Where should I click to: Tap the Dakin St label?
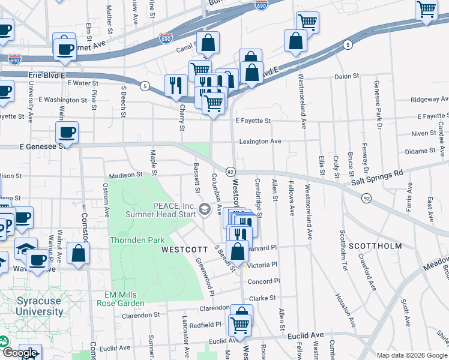346,76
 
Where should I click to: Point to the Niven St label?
424,133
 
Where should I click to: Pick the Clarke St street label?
262,298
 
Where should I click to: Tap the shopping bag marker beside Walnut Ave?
79,253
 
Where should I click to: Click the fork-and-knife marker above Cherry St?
176,85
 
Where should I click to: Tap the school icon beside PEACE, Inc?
205,209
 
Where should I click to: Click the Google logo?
20,353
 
